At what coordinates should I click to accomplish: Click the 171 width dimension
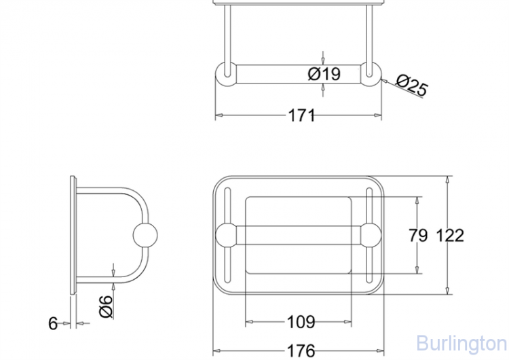301,115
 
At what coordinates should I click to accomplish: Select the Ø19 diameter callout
324,74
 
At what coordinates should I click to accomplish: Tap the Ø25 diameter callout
412,85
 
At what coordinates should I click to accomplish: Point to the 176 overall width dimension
301,351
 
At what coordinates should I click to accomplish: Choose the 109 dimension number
301,322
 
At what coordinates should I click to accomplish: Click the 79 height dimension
418,235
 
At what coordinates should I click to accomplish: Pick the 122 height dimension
450,235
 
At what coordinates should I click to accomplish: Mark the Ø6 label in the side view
106,306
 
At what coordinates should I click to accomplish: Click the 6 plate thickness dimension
53,323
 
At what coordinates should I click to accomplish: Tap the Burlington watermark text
461,344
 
